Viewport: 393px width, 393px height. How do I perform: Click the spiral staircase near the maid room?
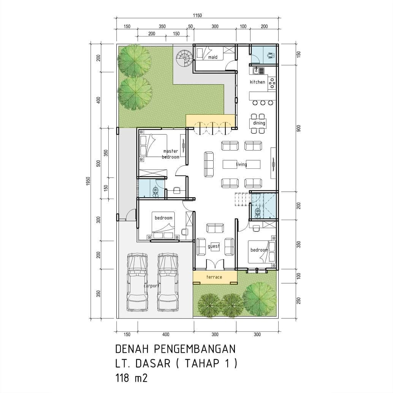click(x=184, y=58)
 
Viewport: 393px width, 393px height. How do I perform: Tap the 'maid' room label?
click(x=213, y=57)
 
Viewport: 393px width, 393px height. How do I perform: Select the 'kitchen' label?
click(x=257, y=82)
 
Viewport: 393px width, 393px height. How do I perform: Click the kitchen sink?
click(x=256, y=71)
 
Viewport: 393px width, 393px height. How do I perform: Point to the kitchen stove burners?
click(x=272, y=83)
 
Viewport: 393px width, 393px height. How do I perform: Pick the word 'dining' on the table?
click(x=259, y=123)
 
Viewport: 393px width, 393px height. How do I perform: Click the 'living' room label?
click(x=241, y=165)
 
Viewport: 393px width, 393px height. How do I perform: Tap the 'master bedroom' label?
click(x=171, y=154)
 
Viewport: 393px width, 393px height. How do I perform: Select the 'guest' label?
click(x=214, y=246)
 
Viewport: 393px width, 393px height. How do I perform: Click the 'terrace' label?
click(x=214, y=277)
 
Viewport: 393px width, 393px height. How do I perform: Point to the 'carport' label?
click(x=152, y=286)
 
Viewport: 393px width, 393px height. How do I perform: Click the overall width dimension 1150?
click(x=197, y=16)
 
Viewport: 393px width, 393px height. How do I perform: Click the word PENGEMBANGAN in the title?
click(x=195, y=349)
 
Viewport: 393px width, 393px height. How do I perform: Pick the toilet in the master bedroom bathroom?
click(x=156, y=192)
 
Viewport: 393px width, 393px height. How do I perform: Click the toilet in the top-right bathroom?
click(x=271, y=55)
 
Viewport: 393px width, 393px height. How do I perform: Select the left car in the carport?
click(x=137, y=282)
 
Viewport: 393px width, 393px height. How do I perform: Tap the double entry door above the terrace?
click(x=214, y=265)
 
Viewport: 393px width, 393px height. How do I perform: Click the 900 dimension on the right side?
click(x=298, y=128)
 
